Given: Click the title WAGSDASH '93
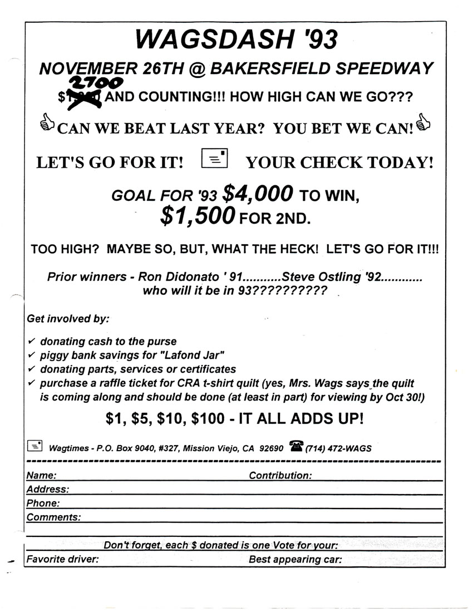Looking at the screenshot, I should click(237, 40).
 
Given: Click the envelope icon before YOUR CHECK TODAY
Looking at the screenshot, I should click(214, 159).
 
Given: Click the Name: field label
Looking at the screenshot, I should click(41, 476).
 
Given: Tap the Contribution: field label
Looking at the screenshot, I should click(280, 476).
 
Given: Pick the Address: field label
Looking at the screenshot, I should click(48, 490).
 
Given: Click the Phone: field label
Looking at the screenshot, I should click(43, 504).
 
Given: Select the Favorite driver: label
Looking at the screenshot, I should click(63, 559).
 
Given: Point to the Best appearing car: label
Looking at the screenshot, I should click(295, 559).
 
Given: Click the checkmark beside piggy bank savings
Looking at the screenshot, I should click(31, 354).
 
